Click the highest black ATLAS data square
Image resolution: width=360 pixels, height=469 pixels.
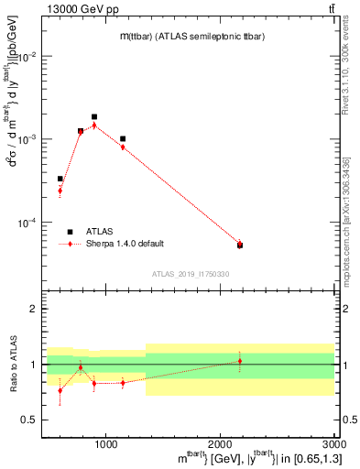pos(94,117)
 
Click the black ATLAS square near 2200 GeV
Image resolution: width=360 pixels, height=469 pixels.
pos(240,245)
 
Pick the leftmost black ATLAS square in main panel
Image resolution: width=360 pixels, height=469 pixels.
pos(60,179)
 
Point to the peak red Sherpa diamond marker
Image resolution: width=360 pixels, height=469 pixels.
pos(94,125)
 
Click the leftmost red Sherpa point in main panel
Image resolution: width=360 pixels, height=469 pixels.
pos(60,191)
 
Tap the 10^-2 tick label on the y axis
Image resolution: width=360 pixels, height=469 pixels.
pos(29,56)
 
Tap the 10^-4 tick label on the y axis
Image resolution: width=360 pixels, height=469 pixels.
pos(29,223)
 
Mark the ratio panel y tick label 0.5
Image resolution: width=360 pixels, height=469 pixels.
pos(30,420)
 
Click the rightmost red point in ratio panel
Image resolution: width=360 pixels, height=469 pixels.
pos(240,361)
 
